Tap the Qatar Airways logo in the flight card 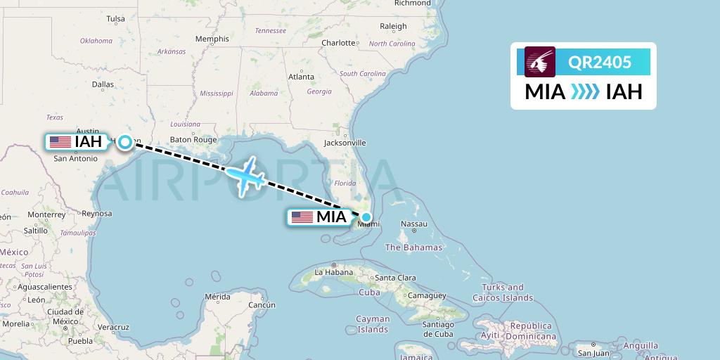(540, 62)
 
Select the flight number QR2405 (600, 63)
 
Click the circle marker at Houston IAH (125, 142)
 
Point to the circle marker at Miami (366, 217)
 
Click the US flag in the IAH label (60, 142)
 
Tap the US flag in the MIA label (302, 217)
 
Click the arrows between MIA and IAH (585, 92)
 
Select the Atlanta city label (300, 76)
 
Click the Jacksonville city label (345, 143)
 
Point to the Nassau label (413, 224)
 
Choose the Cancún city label (262, 305)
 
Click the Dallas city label (103, 84)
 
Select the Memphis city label (212, 39)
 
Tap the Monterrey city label (48, 214)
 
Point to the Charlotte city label (339, 43)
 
